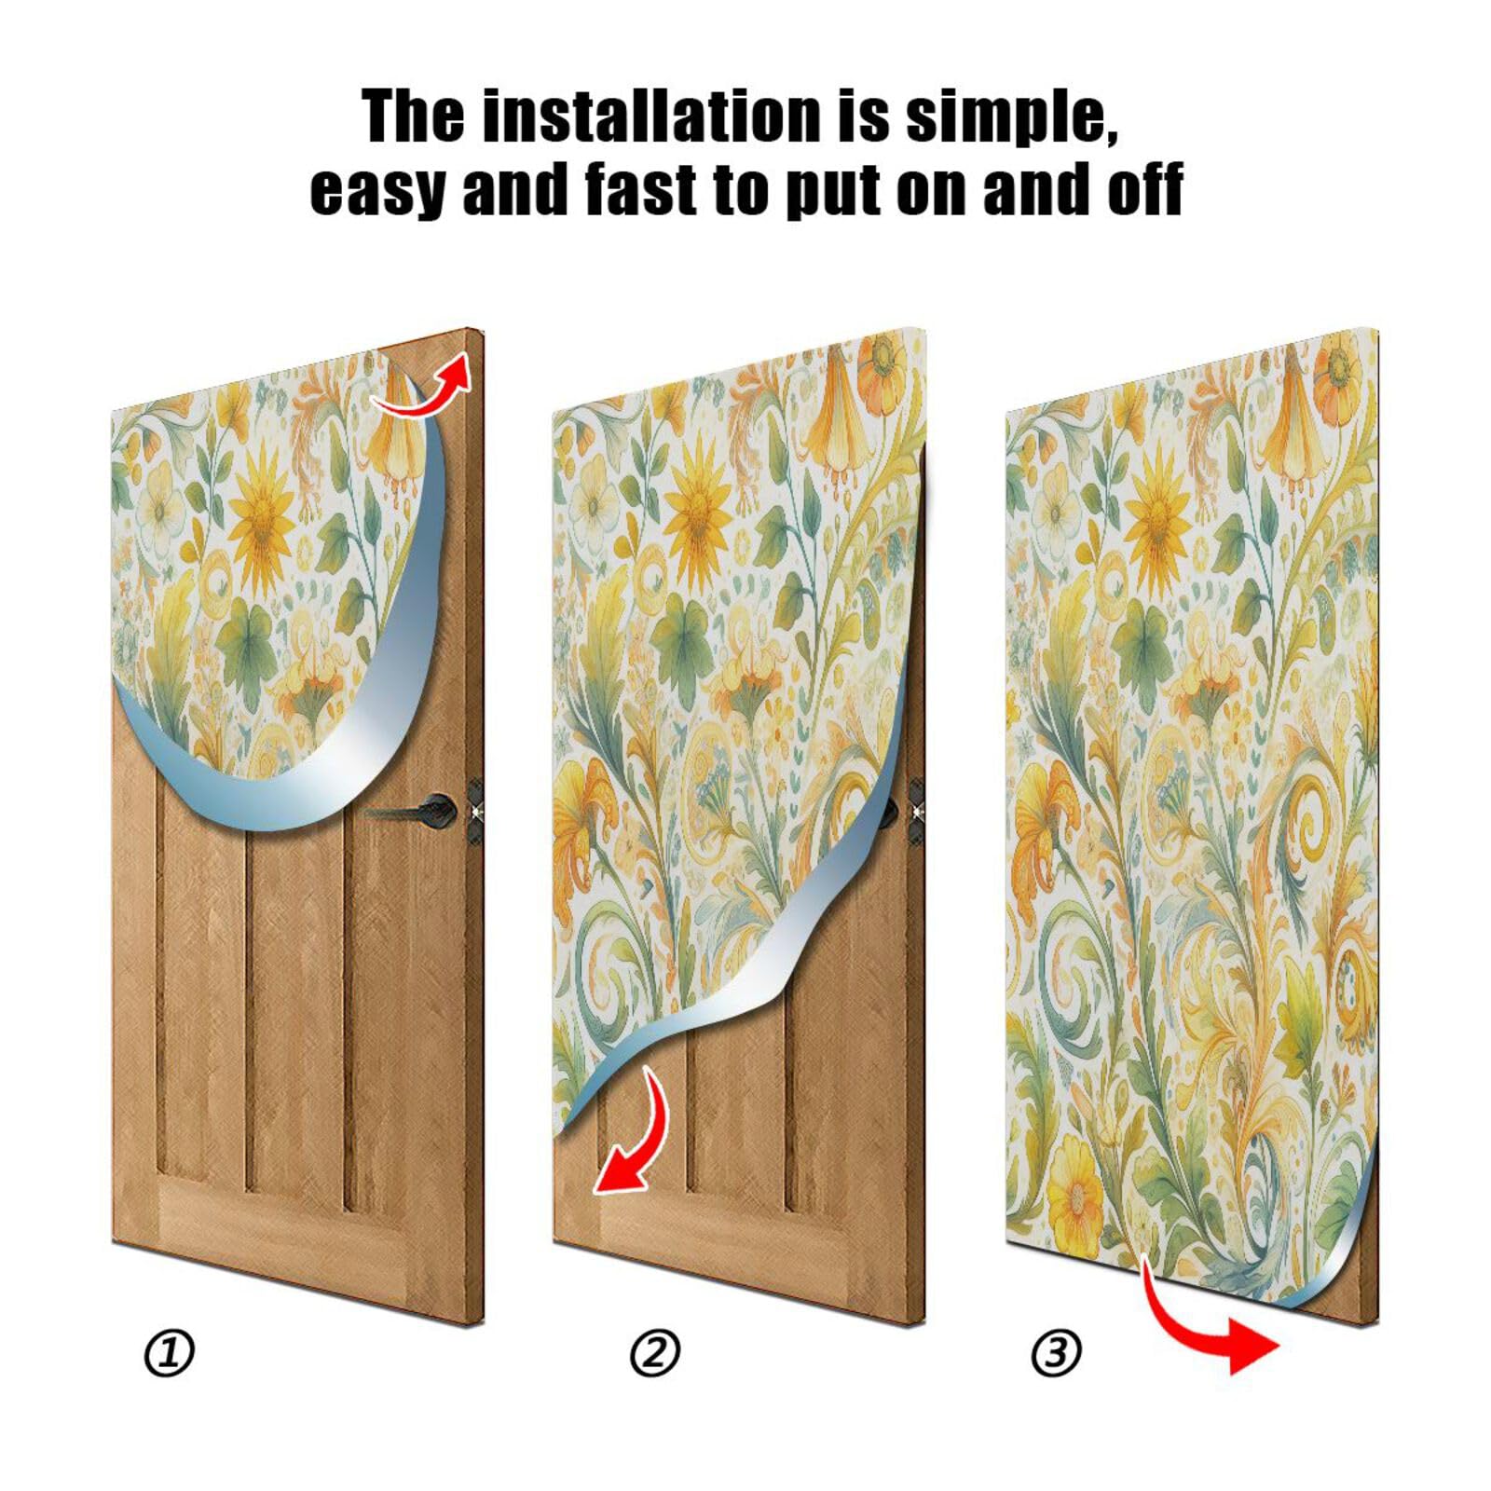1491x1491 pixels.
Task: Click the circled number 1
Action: point(170,1353)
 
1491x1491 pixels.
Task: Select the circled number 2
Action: point(655,1353)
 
